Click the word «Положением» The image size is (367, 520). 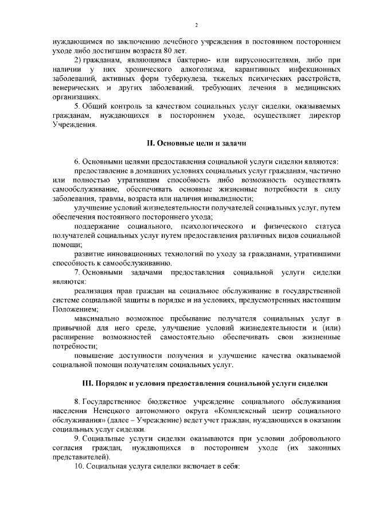coord(75,309)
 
